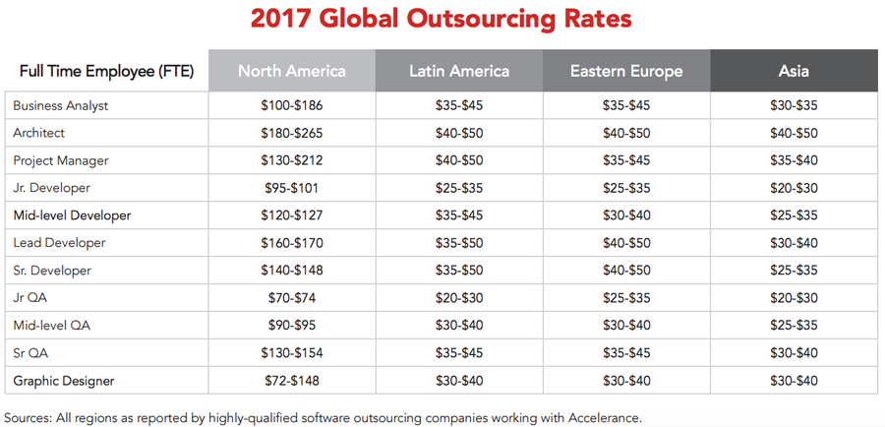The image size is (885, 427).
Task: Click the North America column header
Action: (x=291, y=71)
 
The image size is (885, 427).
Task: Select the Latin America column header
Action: (x=459, y=71)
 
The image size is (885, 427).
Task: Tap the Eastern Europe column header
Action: (x=626, y=71)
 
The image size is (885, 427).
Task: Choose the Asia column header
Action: (x=794, y=71)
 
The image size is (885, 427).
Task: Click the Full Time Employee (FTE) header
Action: (x=106, y=72)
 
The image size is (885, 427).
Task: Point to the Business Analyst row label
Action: (x=61, y=105)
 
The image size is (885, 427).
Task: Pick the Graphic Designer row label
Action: (x=64, y=380)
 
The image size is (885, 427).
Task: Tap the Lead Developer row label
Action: (x=60, y=242)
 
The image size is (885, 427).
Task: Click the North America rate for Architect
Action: (x=291, y=133)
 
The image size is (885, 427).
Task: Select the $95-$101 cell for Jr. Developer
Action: (x=291, y=188)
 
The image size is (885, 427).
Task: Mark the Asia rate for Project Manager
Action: (x=794, y=160)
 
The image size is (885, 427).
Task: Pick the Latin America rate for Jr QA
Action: (x=459, y=297)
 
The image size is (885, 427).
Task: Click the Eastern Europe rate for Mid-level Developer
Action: (x=626, y=215)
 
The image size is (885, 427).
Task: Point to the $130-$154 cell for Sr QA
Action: (x=291, y=352)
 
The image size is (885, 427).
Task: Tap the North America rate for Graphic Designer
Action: (x=291, y=380)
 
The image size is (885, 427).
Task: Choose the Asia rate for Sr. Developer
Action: (x=794, y=270)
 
